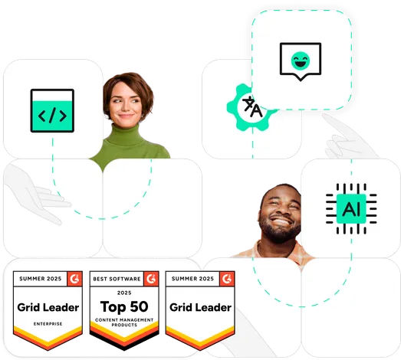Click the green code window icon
click(x=52, y=110)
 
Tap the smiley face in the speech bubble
click(x=301, y=61)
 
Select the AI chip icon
click(x=351, y=208)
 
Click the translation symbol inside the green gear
click(x=252, y=106)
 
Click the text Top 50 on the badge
click(x=124, y=306)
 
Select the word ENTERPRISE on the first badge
click(x=48, y=324)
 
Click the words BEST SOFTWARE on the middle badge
click(x=117, y=279)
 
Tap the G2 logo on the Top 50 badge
click(x=151, y=279)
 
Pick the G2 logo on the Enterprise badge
click(x=74, y=279)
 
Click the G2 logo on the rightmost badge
click(x=227, y=279)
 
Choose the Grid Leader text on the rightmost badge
click(x=201, y=307)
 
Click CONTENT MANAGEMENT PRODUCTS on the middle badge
click(x=124, y=322)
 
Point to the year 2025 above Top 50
click(x=124, y=293)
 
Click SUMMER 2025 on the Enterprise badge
click(x=41, y=279)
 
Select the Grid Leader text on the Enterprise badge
click(x=48, y=307)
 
